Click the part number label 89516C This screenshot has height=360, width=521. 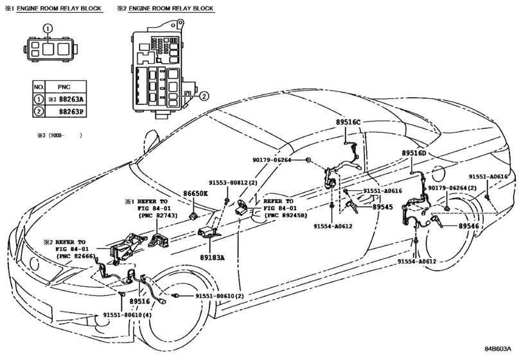point(349,122)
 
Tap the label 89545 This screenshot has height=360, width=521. point(382,207)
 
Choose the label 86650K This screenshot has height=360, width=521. point(196,192)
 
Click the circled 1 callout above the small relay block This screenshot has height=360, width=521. point(46,28)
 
